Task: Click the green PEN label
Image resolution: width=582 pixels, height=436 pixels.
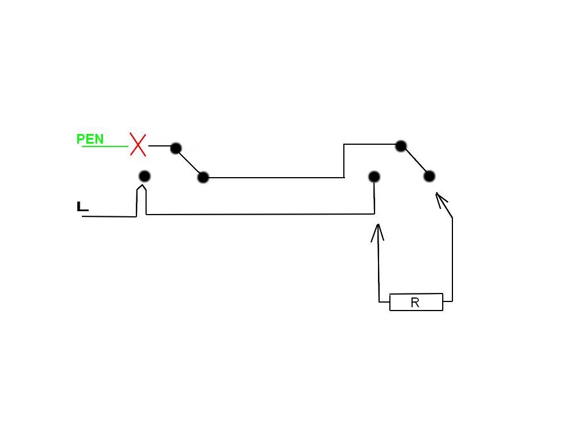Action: click(x=90, y=139)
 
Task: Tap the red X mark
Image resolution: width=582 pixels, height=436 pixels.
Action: click(x=138, y=145)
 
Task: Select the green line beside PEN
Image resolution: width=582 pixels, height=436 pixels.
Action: click(x=105, y=146)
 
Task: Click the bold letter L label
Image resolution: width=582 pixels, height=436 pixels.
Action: click(x=82, y=207)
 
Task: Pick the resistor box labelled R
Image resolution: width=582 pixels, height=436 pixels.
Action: click(x=416, y=302)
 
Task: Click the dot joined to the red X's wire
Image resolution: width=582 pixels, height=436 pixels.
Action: click(x=176, y=148)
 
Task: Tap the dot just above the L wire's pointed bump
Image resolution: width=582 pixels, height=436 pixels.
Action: click(x=144, y=176)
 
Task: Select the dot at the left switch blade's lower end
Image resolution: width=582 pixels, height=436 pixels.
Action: click(x=203, y=178)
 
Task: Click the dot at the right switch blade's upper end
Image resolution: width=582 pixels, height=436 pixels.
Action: click(x=401, y=146)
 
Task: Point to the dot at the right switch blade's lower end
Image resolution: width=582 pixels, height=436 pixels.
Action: click(x=429, y=176)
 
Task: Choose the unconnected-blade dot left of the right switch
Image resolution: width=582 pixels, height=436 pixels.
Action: click(x=374, y=177)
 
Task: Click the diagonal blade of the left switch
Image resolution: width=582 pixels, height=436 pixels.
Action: click(x=189, y=163)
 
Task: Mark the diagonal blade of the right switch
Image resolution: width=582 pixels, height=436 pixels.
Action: click(x=415, y=161)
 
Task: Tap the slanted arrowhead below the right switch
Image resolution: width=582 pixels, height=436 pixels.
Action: click(x=441, y=199)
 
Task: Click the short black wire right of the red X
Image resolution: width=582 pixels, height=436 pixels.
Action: click(x=160, y=146)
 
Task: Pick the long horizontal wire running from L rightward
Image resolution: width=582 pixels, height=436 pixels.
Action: click(x=260, y=214)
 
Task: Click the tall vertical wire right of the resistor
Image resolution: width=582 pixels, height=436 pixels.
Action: click(x=452, y=259)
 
